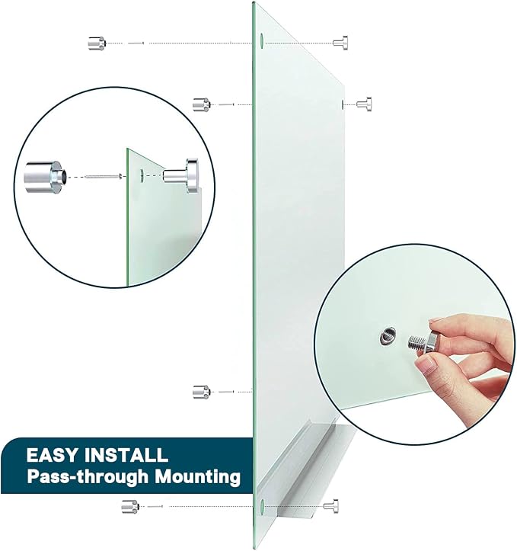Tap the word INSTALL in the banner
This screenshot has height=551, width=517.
[x=126, y=455]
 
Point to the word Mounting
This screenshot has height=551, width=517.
[x=198, y=477]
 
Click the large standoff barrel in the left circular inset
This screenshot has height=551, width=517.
[x=43, y=176]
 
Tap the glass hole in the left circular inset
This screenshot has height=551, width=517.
[x=142, y=175]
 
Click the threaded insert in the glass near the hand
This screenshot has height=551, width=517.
[x=388, y=336]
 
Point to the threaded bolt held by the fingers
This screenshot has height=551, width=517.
[x=422, y=343]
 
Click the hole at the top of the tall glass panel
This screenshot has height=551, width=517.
[x=262, y=40]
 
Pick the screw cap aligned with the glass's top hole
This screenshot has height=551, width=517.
[x=340, y=43]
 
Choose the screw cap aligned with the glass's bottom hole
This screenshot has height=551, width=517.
[x=331, y=506]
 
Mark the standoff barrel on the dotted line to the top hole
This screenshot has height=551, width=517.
[x=97, y=43]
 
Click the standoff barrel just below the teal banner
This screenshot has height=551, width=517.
[x=130, y=506]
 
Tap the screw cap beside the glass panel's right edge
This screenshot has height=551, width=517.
[x=364, y=104]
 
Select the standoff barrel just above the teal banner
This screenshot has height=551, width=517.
[x=202, y=392]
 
